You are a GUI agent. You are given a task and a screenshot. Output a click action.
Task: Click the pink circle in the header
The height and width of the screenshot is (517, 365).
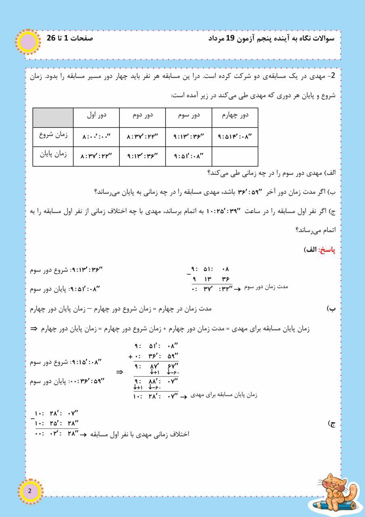click(27, 42)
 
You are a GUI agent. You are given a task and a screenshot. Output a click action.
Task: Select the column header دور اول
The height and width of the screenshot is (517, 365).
click(96, 115)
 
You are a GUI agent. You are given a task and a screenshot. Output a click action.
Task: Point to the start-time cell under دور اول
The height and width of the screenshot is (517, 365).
click(96, 137)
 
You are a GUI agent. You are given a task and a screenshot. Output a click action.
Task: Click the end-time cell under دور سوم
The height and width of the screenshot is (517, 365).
click(189, 156)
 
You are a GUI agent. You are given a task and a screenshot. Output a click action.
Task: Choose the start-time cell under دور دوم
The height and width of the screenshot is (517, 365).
click(143, 137)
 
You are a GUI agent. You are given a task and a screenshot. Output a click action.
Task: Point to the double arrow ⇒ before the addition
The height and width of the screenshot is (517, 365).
click(120, 372)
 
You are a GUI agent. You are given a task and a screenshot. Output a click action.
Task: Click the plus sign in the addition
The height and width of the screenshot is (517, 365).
click(130, 356)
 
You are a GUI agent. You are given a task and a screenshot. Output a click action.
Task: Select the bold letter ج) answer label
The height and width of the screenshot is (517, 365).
click(332, 424)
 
